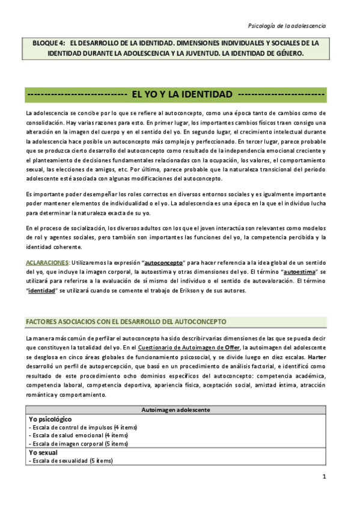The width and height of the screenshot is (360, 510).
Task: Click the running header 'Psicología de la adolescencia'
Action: point(287,25)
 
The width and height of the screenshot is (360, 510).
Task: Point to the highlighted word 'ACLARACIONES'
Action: point(47,263)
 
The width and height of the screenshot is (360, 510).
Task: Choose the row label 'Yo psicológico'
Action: point(50,419)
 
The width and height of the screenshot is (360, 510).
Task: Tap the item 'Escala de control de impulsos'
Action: point(69,427)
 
